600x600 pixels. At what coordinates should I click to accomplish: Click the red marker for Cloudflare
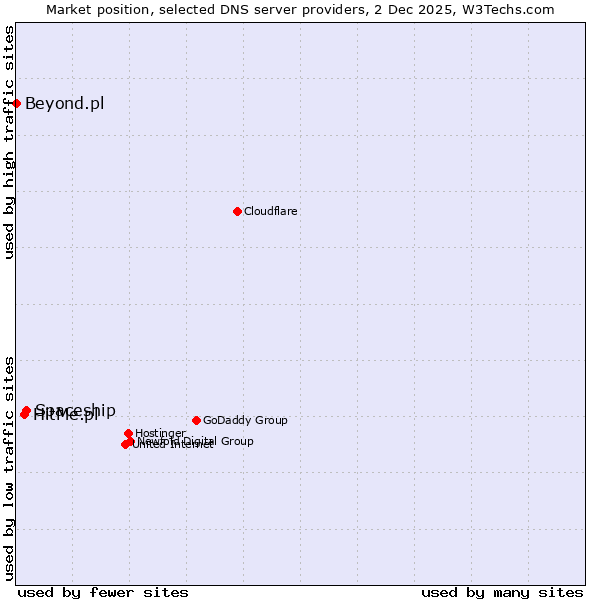coord(237,211)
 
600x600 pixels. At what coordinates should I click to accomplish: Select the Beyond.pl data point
coord(16,103)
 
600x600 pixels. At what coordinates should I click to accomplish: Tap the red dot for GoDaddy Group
coord(196,420)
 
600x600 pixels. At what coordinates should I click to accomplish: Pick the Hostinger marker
coord(128,433)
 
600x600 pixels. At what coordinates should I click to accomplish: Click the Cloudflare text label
coord(271,211)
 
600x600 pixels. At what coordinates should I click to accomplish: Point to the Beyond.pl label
coord(64,103)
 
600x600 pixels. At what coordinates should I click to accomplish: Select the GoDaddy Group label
coord(245,420)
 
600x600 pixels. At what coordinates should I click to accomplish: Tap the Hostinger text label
coord(160,433)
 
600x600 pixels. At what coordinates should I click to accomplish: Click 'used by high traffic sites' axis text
coord(9,142)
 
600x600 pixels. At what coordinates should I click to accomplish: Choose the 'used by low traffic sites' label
coord(9,467)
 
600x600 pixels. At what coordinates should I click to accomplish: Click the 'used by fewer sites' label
coord(103,592)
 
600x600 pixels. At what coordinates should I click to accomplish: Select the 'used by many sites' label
coord(502,592)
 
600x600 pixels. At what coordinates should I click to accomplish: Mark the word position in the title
coord(123,9)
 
